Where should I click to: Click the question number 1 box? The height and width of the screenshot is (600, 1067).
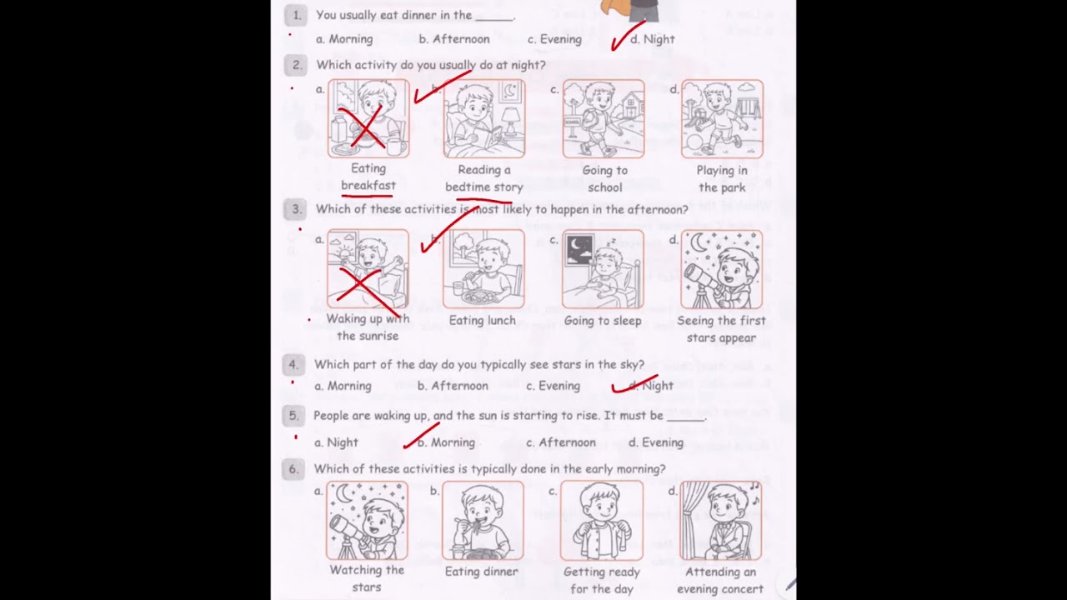295,15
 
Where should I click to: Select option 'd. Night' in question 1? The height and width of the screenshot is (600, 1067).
653,39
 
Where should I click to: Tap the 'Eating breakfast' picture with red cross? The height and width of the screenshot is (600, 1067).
368,118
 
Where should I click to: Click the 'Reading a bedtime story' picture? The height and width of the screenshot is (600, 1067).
483,118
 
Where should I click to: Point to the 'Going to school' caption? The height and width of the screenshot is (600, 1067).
604,179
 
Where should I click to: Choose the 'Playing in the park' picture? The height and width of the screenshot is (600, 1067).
722,118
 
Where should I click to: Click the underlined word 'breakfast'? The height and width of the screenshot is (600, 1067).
368,186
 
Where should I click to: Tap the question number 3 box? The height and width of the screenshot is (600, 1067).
295,210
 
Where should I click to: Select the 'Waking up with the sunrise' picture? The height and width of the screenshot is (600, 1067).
368,268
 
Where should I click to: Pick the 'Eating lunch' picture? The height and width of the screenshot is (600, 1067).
483,268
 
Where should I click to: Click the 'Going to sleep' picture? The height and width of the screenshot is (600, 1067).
603,268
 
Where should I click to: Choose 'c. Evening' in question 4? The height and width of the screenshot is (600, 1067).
553,386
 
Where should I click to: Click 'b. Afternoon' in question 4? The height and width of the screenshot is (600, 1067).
453,386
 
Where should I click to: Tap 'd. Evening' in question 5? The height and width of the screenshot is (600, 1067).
656,442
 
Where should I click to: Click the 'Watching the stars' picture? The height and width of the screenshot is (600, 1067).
367,520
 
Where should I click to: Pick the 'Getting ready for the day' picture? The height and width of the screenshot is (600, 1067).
602,520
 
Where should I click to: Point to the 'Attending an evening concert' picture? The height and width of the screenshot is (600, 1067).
721,520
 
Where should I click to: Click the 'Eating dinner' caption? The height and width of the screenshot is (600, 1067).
482,572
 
